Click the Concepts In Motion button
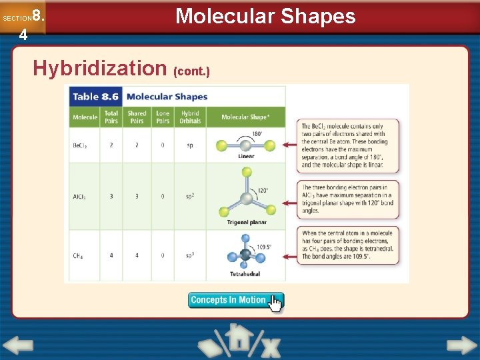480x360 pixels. point(235,301)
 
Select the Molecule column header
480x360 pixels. point(85,117)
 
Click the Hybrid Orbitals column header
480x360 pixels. point(190,117)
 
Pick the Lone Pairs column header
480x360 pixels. point(163,117)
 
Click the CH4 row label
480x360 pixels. point(79,255)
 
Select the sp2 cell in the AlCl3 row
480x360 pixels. point(190,197)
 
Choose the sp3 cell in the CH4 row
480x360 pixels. point(190,255)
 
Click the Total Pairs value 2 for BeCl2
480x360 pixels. point(111,145)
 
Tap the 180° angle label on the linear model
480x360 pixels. point(257,134)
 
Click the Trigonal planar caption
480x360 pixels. point(247,223)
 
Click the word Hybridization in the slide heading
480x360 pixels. point(100,68)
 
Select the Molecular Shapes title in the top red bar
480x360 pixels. point(265,16)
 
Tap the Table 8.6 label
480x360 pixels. point(95,97)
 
